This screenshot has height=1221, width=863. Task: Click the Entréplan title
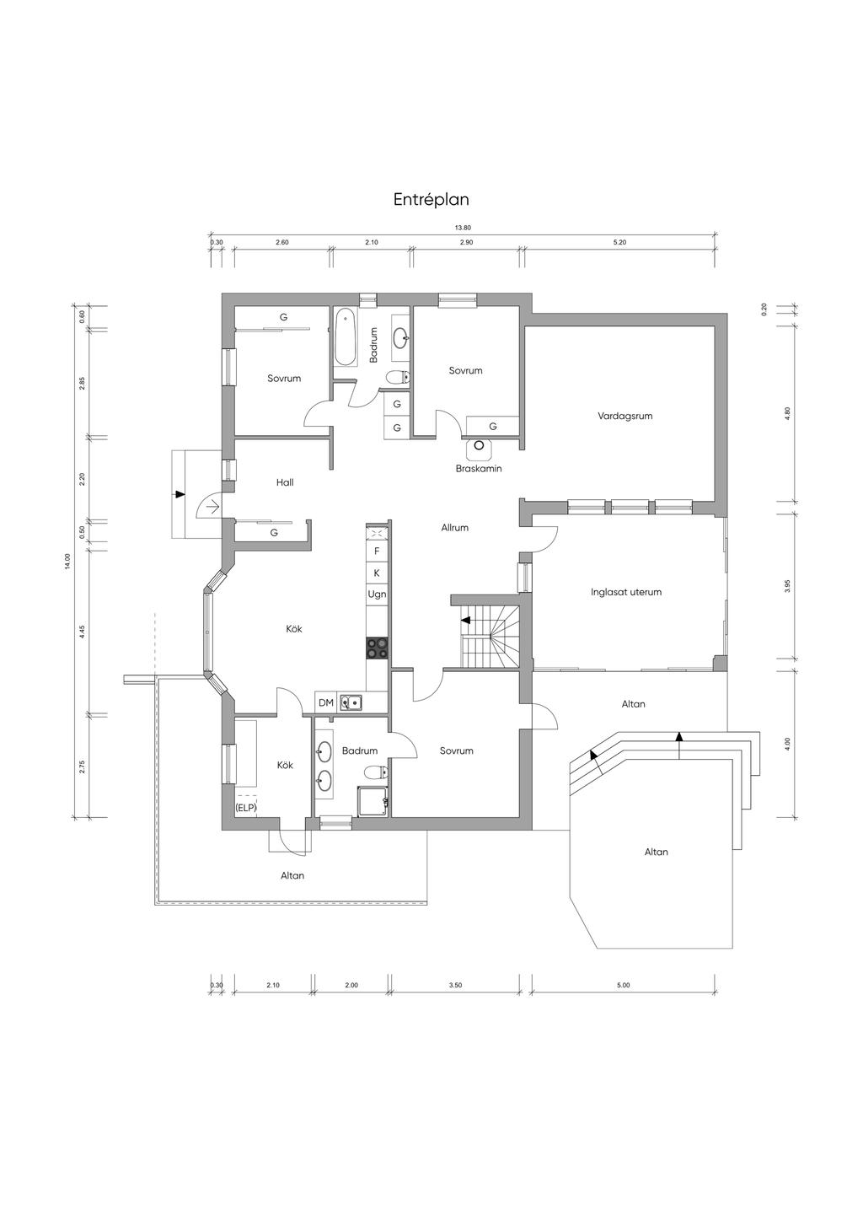(431, 200)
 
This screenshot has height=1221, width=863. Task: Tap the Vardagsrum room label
(624, 416)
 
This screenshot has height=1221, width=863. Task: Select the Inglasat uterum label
(626, 591)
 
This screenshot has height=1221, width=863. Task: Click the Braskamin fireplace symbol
(479, 445)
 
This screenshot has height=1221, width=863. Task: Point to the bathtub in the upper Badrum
(345, 336)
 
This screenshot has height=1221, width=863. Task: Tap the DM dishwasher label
(326, 702)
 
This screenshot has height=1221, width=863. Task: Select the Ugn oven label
(377, 594)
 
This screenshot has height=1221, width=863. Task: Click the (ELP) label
(246, 808)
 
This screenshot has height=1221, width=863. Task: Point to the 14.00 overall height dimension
(67, 561)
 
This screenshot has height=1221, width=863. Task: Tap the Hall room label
(285, 482)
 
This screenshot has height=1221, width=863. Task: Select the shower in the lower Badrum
(373, 801)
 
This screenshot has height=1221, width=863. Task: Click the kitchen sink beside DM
(351, 703)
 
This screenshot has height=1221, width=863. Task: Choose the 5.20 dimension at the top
(619, 243)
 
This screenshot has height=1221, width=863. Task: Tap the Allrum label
(455, 528)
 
